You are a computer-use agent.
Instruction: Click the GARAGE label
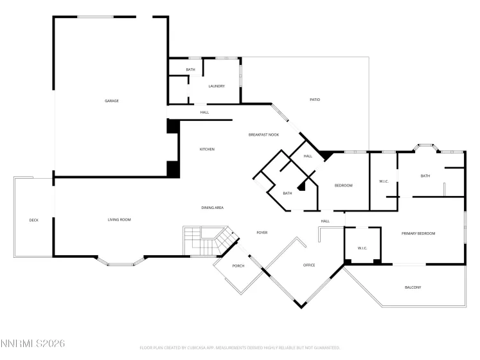click(112, 101)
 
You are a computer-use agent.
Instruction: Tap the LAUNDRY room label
click(216, 85)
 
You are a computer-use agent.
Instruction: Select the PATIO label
click(315, 100)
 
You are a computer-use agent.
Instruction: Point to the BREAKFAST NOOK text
click(263, 134)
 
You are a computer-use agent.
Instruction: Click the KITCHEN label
click(207, 149)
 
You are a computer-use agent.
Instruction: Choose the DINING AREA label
click(212, 208)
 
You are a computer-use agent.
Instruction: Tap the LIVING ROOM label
click(119, 220)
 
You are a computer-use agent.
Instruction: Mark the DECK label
click(34, 220)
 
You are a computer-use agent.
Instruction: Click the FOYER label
click(262, 233)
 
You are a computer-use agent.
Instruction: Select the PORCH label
click(238, 265)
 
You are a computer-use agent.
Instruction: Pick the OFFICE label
click(309, 265)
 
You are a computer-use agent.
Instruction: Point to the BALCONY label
click(413, 287)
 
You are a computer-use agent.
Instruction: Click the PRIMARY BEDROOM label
click(418, 233)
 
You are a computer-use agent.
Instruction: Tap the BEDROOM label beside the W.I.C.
click(344, 186)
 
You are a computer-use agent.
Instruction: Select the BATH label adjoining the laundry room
click(190, 69)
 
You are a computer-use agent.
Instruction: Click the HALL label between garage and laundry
click(204, 113)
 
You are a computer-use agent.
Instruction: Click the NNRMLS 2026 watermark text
click(33, 345)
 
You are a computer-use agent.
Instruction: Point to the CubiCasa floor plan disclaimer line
click(240, 348)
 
